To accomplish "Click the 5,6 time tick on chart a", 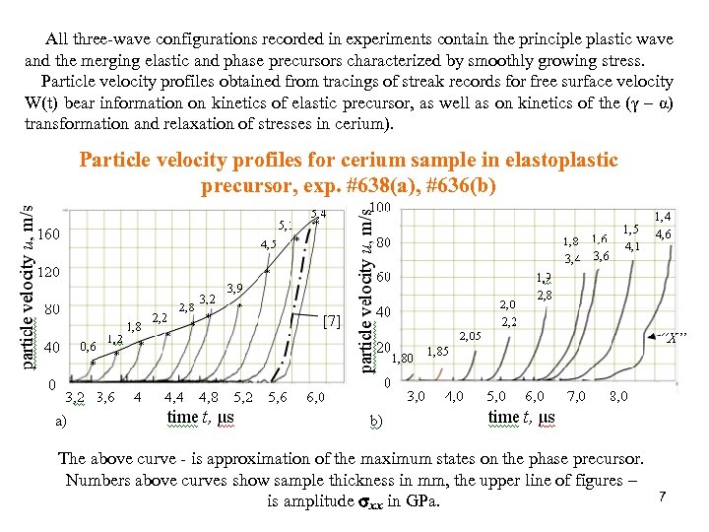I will (278, 398).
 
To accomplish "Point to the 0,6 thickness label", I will (88, 346).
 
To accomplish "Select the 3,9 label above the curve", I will (235, 289).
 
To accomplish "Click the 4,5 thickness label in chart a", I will (269, 244).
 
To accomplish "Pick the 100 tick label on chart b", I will (380, 209).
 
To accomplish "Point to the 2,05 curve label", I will (471, 336).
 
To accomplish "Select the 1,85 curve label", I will (438, 351).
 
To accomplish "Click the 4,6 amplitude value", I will (664, 234).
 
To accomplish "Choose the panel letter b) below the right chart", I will (376, 422).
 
